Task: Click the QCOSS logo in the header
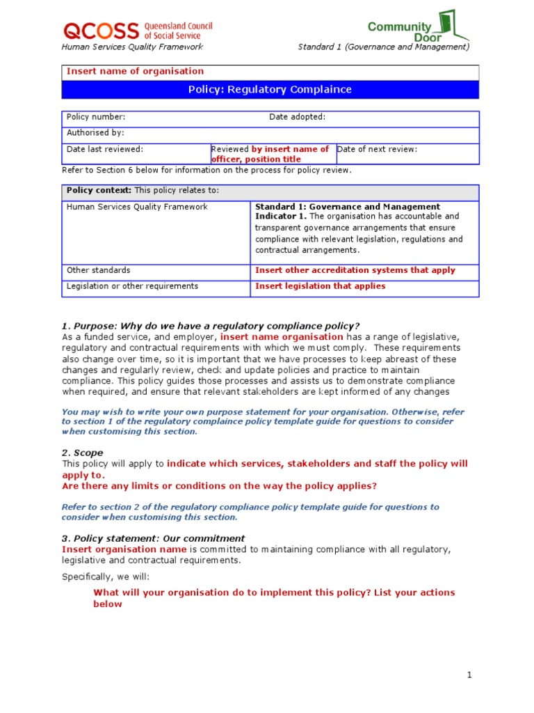pyautogui.click(x=137, y=30)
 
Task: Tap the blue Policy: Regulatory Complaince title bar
pyautogui.click(x=270, y=89)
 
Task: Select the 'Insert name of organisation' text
pyautogui.click(x=135, y=71)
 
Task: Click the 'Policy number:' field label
pyautogui.click(x=96, y=117)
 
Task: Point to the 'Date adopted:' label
pyautogui.click(x=297, y=117)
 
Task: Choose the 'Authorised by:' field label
pyautogui.click(x=95, y=132)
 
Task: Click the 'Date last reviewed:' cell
pyautogui.click(x=105, y=149)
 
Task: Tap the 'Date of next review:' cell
pyautogui.click(x=377, y=149)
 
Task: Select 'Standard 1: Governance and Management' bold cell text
pyautogui.click(x=348, y=207)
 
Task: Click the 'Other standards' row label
pyautogui.click(x=98, y=270)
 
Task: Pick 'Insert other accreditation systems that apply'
pyautogui.click(x=355, y=270)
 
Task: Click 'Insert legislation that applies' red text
pyautogui.click(x=320, y=286)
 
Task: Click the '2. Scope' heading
pyautogui.click(x=82, y=453)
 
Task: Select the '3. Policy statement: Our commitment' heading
pyautogui.click(x=153, y=538)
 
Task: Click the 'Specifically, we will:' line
pyautogui.click(x=105, y=577)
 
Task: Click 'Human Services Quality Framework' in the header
pyautogui.click(x=132, y=47)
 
